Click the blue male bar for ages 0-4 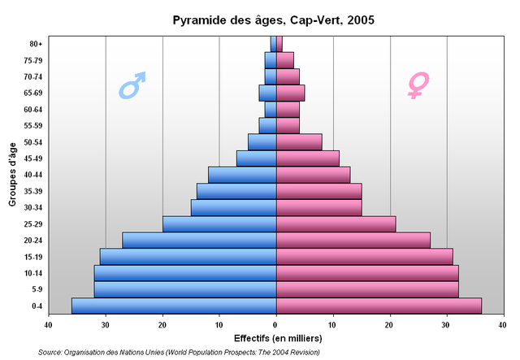click(174, 306)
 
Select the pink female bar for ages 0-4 click(379, 306)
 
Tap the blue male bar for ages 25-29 click(219, 223)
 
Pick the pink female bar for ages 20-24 click(353, 240)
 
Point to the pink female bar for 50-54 click(299, 141)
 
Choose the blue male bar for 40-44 click(242, 174)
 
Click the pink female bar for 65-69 click(290, 93)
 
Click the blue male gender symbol click(132, 85)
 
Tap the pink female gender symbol click(418, 85)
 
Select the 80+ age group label click(36, 44)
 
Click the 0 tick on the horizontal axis click(276, 326)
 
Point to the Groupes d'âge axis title click(14, 174)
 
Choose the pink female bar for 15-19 click(364, 256)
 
